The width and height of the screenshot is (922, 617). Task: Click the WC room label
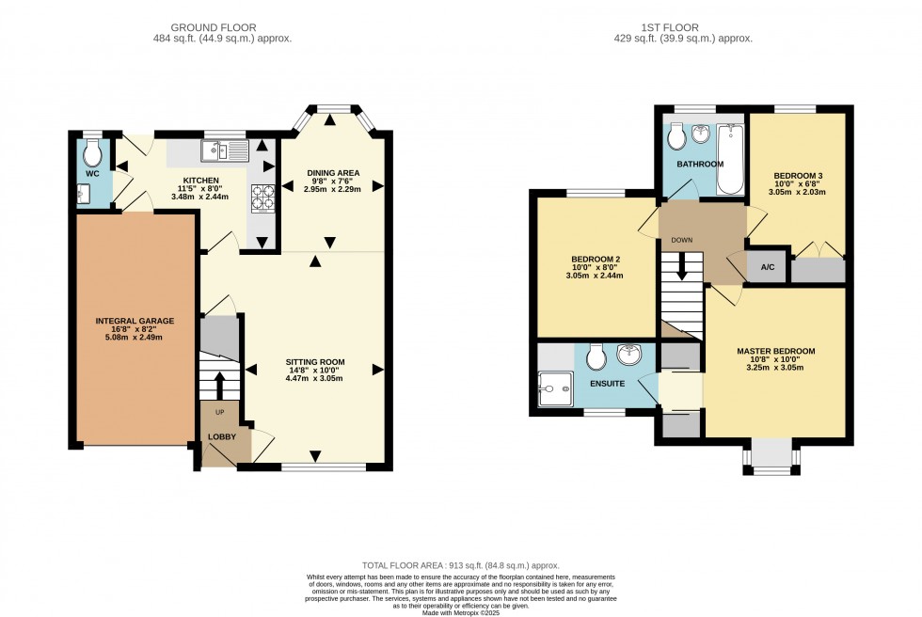91,174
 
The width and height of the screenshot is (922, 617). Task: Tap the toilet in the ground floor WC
92,151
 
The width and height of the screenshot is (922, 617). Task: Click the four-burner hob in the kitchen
262,197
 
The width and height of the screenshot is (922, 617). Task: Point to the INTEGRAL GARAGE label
135,322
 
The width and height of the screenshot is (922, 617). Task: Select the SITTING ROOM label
315,362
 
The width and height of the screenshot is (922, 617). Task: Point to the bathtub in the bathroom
731,158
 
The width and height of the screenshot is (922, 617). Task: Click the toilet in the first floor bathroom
676,138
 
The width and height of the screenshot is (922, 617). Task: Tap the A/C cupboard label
768,267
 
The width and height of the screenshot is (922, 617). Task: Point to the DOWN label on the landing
681,240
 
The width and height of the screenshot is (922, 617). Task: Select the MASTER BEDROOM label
775,351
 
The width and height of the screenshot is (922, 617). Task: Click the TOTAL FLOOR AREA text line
460,564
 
